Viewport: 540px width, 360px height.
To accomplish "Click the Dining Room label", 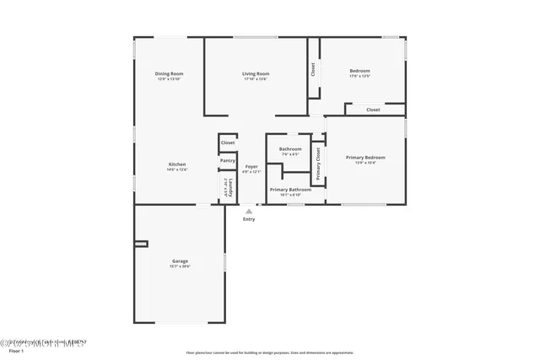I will click(169, 73).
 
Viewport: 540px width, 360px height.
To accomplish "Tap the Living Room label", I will click(256, 73).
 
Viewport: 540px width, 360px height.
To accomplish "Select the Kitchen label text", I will click(177, 164).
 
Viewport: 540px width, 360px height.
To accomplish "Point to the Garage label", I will click(180, 261).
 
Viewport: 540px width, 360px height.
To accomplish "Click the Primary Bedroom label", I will click(365, 157).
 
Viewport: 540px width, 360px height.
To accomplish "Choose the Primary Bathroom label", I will click(290, 190).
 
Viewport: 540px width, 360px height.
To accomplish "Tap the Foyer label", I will click(251, 167).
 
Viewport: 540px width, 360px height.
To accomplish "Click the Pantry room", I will click(228, 160).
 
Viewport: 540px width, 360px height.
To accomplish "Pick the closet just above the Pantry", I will click(228, 142).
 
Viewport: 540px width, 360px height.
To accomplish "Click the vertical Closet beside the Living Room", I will click(313, 70).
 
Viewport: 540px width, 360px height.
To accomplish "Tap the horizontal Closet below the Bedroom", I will click(373, 110).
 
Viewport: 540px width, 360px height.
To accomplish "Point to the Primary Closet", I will click(318, 164).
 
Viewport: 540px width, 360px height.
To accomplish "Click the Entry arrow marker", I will click(248, 211).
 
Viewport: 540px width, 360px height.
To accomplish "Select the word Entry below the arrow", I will click(249, 219).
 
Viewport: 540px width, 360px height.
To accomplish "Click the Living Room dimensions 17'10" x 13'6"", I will click(256, 79).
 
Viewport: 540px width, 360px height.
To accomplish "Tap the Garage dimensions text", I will click(180, 266).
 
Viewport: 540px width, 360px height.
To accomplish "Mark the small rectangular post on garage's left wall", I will click(141, 244).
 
